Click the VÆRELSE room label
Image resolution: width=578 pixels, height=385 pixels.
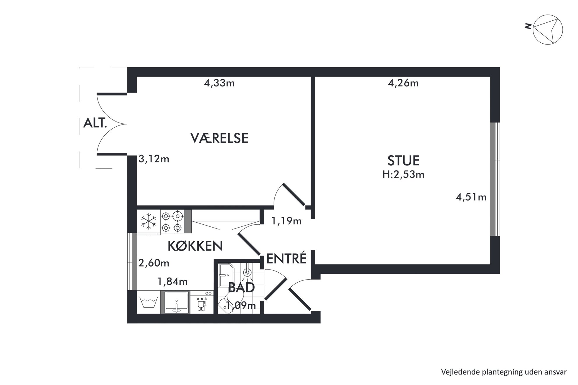coord(219,138)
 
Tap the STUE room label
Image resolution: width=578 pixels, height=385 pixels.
coord(403,161)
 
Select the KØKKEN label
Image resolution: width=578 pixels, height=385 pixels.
coord(195,246)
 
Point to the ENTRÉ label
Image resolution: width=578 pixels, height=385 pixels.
coord(286,258)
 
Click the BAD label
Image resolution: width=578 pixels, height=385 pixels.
coord(242,288)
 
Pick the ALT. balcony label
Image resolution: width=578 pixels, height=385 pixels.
coord(95,123)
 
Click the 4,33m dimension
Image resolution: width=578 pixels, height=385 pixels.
coord(219,83)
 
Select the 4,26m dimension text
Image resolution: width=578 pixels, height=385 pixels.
coord(403,83)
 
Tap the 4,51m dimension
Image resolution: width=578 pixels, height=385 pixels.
coord(471,197)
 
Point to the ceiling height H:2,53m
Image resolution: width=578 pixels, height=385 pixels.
coord(403,174)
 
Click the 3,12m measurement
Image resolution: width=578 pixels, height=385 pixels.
coord(154,159)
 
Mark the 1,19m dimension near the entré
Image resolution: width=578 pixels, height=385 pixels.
coord(286,221)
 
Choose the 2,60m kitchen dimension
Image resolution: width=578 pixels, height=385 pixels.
coord(154,263)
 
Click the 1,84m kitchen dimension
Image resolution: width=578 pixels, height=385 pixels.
coord(172,281)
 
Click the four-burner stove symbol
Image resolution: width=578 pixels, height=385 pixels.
coord(172,221)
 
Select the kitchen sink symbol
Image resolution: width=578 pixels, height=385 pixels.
coord(176,302)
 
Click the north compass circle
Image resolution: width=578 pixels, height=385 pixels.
coord(548,30)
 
